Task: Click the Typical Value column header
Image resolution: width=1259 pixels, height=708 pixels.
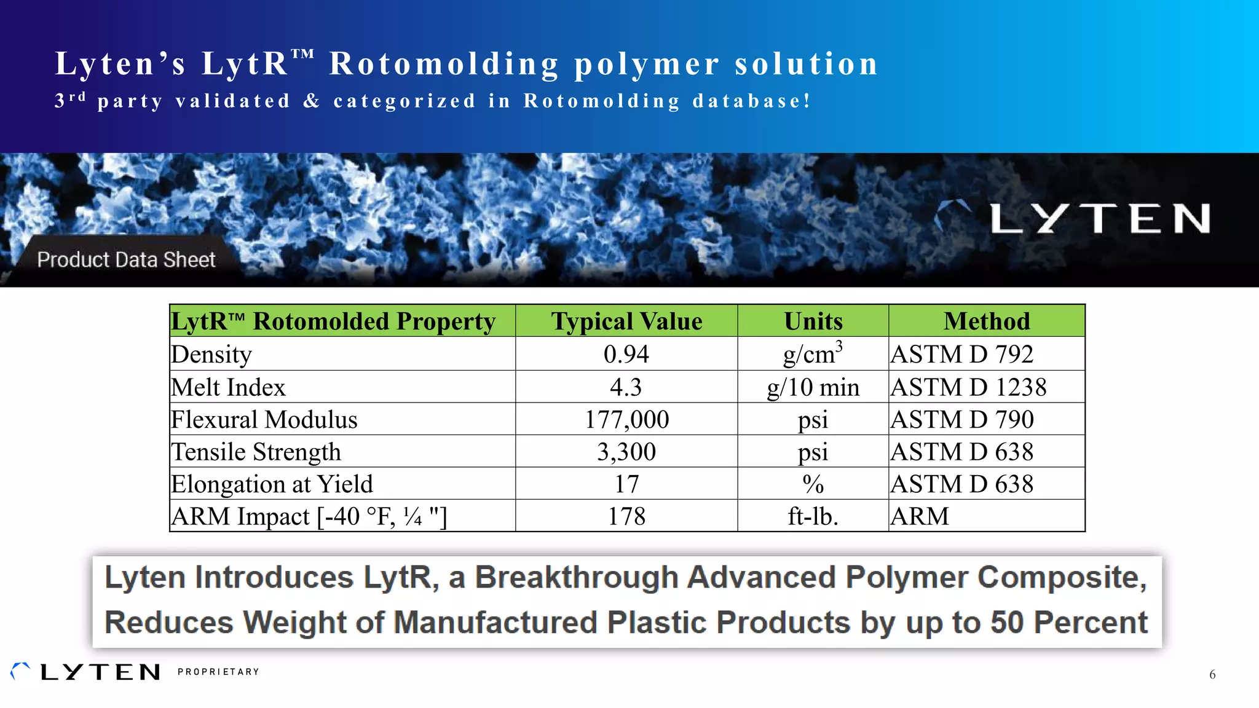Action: point(626,321)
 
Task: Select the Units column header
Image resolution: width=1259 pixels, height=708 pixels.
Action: point(813,321)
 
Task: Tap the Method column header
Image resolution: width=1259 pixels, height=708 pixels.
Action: point(987,321)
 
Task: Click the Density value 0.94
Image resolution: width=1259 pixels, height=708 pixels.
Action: point(626,355)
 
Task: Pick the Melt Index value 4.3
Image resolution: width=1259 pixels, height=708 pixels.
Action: point(626,387)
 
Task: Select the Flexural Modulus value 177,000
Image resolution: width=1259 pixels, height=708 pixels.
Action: point(626,420)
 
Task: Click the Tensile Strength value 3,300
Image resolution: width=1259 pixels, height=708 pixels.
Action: point(626,452)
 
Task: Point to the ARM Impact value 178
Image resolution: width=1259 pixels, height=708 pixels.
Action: point(626,516)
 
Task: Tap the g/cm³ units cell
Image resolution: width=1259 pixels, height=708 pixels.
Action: point(813,354)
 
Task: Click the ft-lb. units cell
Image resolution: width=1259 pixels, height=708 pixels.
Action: point(813,516)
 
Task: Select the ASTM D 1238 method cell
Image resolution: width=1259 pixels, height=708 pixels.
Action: point(968,387)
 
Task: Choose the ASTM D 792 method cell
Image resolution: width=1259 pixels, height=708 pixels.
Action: point(962,355)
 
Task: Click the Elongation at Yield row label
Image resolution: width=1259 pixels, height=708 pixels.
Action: point(272,484)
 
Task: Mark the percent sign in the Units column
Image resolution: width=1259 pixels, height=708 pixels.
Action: point(813,484)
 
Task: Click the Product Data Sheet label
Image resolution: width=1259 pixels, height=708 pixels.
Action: point(126,260)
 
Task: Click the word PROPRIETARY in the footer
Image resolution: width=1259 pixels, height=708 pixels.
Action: point(218,672)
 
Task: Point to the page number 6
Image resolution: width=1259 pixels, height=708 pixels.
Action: point(1212,674)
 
